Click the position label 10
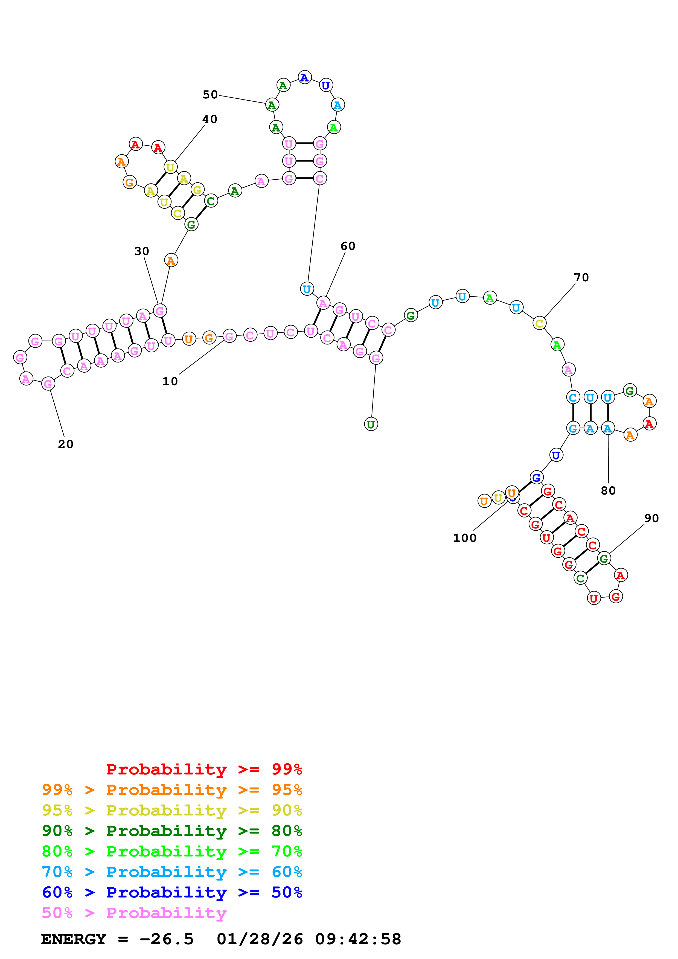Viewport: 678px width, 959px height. point(170,381)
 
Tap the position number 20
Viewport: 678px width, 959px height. point(66,445)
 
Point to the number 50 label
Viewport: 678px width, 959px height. point(210,95)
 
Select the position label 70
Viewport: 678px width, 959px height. point(581,277)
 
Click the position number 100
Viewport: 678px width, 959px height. point(464,538)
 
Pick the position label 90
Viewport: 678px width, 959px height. point(651,518)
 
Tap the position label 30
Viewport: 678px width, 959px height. point(142,252)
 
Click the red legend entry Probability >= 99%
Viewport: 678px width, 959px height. point(204,769)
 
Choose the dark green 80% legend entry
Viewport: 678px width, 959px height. point(172,831)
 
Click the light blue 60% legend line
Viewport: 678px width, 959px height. point(172,872)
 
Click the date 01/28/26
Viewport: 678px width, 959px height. point(260,939)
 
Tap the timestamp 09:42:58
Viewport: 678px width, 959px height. point(358,939)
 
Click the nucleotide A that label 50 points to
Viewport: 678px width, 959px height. point(272,105)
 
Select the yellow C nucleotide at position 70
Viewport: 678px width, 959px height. point(539,323)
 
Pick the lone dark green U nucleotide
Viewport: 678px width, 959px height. point(371,424)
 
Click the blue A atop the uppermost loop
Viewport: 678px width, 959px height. point(304,77)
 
